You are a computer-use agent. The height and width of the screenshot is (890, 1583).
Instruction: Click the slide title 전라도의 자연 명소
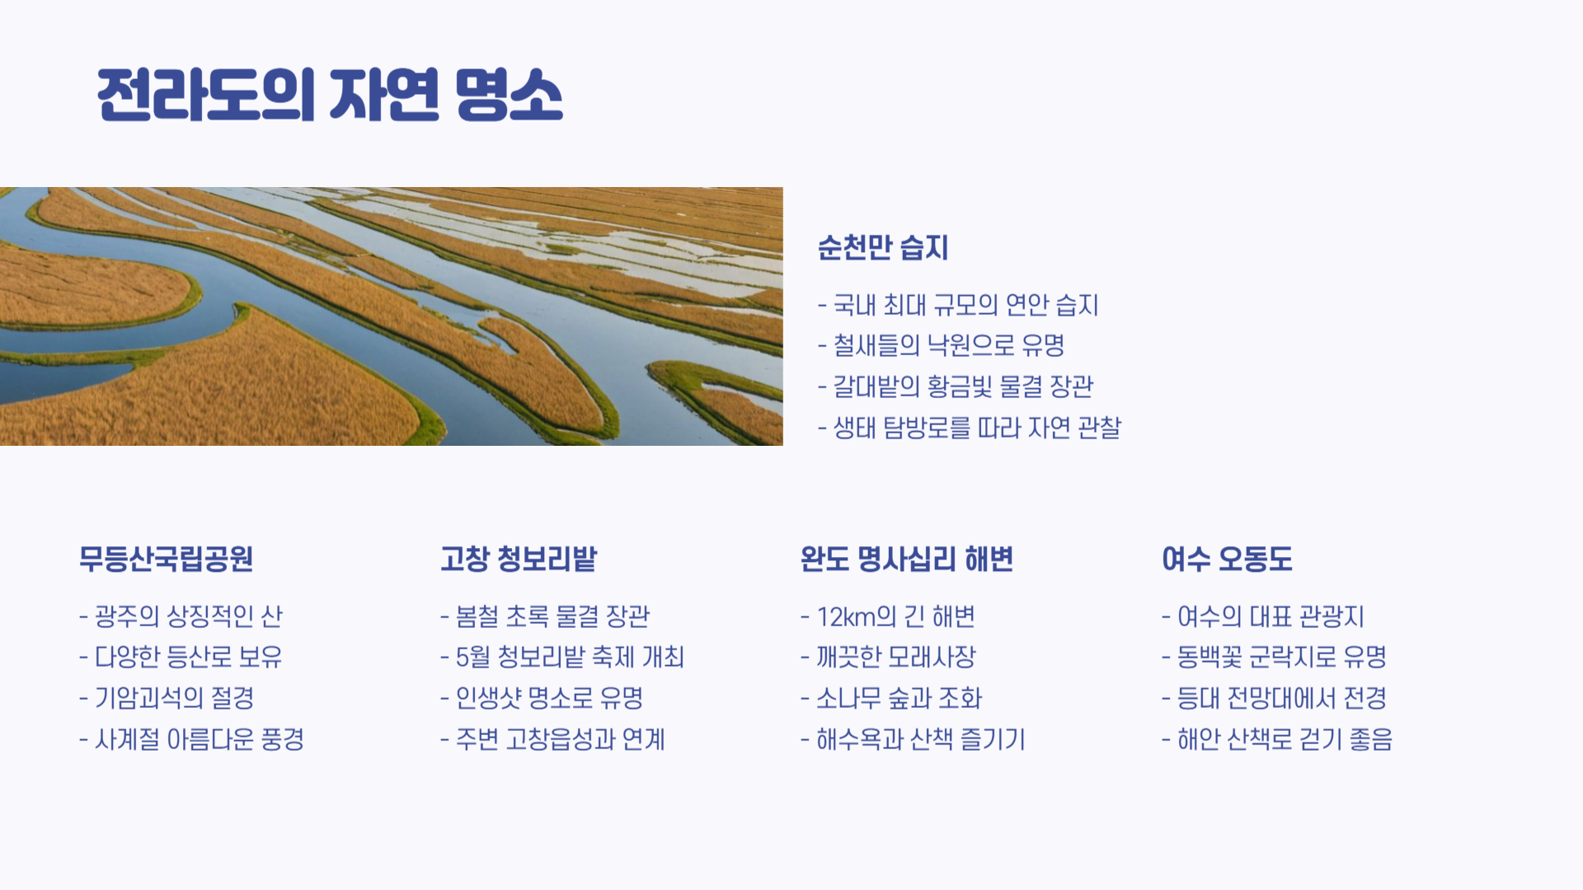[x=330, y=95]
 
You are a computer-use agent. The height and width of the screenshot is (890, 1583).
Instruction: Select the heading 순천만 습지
[x=883, y=247]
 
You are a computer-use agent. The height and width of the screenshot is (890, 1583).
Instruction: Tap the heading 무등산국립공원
[x=166, y=559]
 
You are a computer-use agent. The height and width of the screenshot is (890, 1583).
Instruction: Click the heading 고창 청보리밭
[x=519, y=559]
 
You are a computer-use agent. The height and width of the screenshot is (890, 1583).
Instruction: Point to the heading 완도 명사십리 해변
[x=906, y=559]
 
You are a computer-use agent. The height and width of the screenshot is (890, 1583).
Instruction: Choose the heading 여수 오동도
[x=1227, y=559]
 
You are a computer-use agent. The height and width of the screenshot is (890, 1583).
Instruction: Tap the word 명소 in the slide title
[x=509, y=95]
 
